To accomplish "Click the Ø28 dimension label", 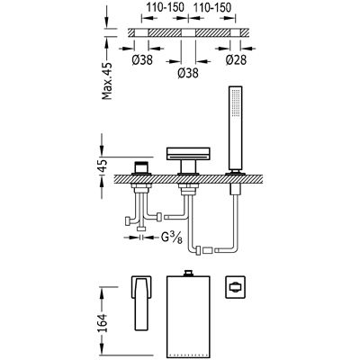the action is point(236,59).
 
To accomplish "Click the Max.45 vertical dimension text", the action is point(107,81).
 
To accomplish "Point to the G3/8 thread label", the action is point(172,238).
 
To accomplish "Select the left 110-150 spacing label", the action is point(165,8).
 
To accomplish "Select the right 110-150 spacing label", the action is point(212,8).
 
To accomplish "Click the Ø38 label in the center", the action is point(188,73).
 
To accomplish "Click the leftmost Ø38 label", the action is point(142,59).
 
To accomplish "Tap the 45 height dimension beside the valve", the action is point(103,166).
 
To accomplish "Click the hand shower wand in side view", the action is point(235,129).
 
